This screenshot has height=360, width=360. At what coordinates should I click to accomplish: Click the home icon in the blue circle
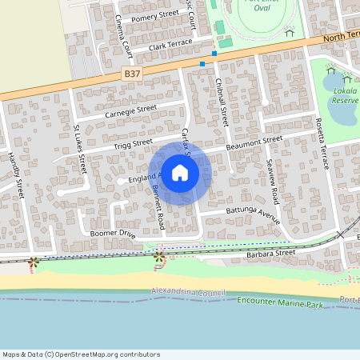pyautogui.click(x=180, y=172)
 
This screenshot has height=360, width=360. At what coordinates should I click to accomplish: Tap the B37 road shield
pyautogui.click(x=133, y=73)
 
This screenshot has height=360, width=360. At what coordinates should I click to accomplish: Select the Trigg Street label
pyautogui.click(x=132, y=144)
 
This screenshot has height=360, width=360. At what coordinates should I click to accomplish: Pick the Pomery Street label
pyautogui.click(x=155, y=15)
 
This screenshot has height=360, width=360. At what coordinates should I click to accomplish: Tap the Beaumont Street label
pyautogui.click(x=254, y=142)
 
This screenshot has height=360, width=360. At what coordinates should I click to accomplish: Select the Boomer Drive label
pyautogui.click(x=114, y=234)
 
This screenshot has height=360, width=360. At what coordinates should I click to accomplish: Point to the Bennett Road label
pyautogui.click(x=159, y=206)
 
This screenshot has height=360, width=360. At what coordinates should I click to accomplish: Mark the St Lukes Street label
pyautogui.click(x=79, y=148)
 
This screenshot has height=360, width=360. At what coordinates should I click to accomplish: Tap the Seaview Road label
pyautogui.click(x=273, y=181)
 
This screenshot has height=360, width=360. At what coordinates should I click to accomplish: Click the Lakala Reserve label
pyautogui.click(x=345, y=97)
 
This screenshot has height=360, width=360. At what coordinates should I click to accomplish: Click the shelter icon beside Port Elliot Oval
pyautogui.click(x=290, y=32)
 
